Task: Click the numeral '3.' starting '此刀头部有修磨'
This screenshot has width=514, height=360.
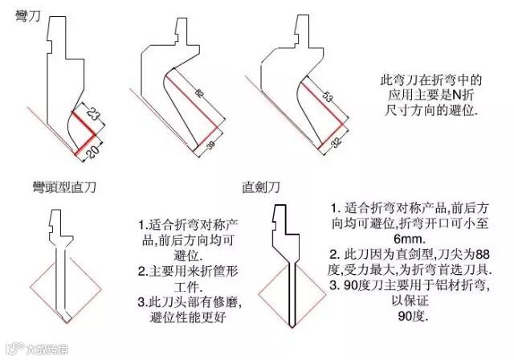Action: (143, 301)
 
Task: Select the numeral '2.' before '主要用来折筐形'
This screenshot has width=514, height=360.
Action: (142, 270)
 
